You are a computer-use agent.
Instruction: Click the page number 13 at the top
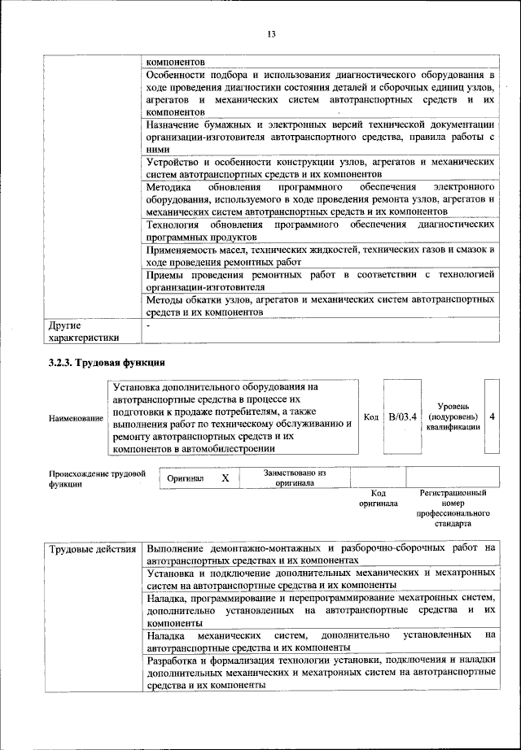[271, 33]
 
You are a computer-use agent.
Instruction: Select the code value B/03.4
[401, 416]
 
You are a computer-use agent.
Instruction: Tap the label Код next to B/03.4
[371, 417]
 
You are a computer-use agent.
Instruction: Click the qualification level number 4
[492, 416]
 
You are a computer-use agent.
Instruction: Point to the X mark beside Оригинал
[225, 479]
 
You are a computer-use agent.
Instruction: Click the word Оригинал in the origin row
[185, 479]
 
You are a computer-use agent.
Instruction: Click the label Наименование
[76, 418]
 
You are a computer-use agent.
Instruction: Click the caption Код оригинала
[378, 499]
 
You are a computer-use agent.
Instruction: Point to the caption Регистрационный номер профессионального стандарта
[453, 509]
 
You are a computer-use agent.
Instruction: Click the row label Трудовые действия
[92, 549]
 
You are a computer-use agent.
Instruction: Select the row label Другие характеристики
[84, 332]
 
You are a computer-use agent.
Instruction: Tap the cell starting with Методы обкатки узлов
[321, 306]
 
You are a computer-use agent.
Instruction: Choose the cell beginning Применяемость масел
[321, 256]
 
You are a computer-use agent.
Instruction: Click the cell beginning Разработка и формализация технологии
[321, 674]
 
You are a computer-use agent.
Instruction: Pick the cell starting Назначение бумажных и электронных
[321, 137]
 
